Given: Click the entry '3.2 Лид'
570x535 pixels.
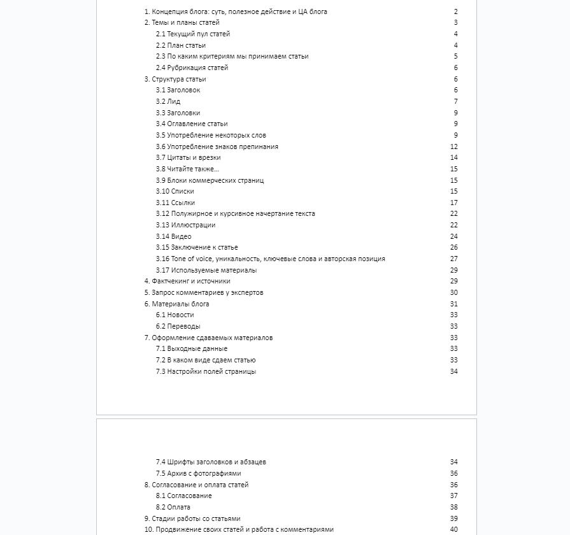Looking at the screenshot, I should (168, 101).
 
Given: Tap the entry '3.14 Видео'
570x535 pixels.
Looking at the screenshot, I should (173, 236).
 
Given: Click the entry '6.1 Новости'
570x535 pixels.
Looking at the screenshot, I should (175, 315).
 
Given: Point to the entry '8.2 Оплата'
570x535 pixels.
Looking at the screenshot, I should (173, 507).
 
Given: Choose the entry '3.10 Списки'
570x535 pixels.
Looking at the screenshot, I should (175, 191).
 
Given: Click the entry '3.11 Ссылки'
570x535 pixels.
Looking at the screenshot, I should (175, 203).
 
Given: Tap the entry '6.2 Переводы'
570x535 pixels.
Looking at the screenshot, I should (178, 326).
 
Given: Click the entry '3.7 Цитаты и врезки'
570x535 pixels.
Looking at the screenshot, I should (188, 157).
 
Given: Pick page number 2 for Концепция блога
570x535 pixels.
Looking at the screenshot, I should (456, 11).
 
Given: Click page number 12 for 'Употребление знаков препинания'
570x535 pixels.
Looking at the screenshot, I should (454, 146).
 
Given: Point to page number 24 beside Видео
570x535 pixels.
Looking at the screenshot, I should (454, 236).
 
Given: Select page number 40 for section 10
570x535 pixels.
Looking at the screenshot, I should (454, 529).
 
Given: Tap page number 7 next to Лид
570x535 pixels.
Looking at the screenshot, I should (456, 101).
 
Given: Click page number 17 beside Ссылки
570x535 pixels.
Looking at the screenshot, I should (454, 203).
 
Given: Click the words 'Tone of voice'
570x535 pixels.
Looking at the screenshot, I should (192, 259).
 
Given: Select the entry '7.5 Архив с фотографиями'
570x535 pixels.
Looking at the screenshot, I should (198, 473).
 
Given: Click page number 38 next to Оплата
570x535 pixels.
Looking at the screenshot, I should (454, 507).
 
